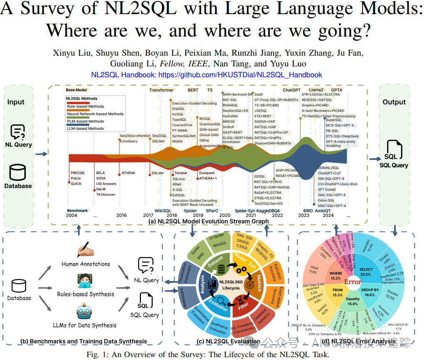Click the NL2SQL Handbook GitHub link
coord(207,75)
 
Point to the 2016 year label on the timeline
coord(121,216)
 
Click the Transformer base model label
coord(161,90)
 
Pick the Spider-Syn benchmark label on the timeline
coord(245,211)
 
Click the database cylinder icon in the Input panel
coord(18,172)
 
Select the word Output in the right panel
coord(394,102)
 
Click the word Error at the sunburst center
coord(353,282)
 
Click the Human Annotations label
coord(86,264)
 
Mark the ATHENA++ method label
coord(208,178)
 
